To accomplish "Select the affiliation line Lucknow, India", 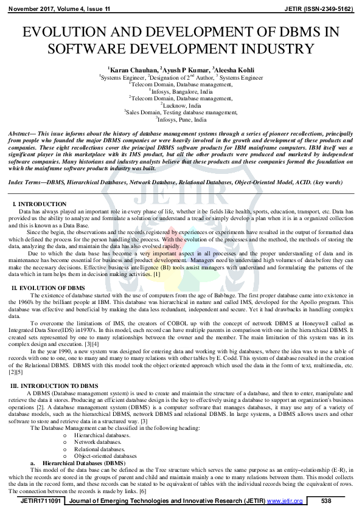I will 181,105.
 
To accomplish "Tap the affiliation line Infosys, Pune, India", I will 181,119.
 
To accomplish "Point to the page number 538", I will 325,500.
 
